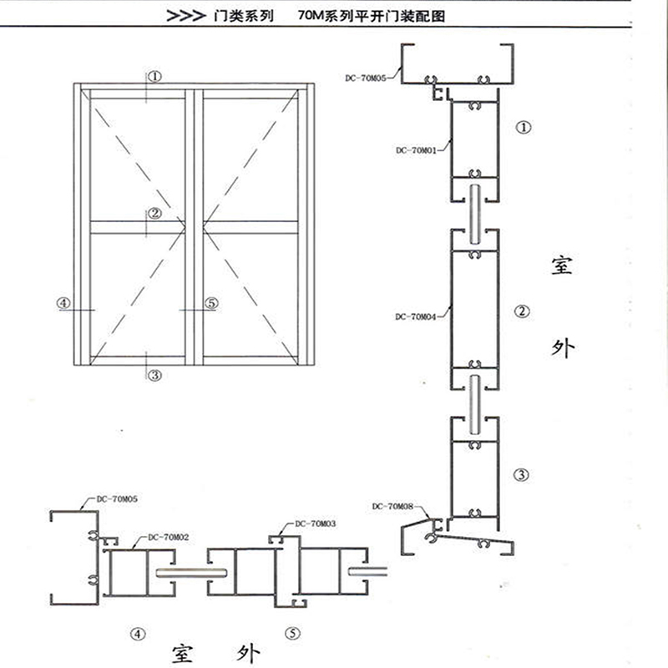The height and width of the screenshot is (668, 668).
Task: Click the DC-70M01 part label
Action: (416, 150)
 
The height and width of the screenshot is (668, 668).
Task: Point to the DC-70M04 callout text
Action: (416, 316)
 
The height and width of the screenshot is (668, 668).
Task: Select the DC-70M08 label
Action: (392, 506)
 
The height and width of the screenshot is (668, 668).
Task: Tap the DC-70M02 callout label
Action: (169, 537)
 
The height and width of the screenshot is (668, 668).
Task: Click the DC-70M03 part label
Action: (316, 524)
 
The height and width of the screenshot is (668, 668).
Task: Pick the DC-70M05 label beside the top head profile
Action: (366, 78)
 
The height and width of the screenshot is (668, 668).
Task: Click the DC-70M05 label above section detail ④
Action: (117, 498)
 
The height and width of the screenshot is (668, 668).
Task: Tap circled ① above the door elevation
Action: (155, 77)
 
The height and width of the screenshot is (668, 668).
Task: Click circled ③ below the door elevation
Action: (154, 375)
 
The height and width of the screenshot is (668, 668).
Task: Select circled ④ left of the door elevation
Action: (63, 303)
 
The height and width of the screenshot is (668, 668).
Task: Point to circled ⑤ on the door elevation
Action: (212, 303)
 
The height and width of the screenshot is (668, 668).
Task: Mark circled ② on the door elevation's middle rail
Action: (154, 213)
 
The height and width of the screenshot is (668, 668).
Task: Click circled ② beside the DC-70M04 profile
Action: (523, 311)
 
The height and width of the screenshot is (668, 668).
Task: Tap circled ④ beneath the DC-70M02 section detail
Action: (138, 635)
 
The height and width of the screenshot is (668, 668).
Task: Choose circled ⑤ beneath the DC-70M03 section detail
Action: (293, 634)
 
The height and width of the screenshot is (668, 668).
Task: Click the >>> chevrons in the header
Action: (186, 16)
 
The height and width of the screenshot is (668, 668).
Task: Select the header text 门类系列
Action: (244, 16)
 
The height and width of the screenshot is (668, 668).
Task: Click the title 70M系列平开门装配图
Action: (372, 16)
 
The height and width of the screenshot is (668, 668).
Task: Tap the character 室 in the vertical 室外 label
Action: (562, 265)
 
